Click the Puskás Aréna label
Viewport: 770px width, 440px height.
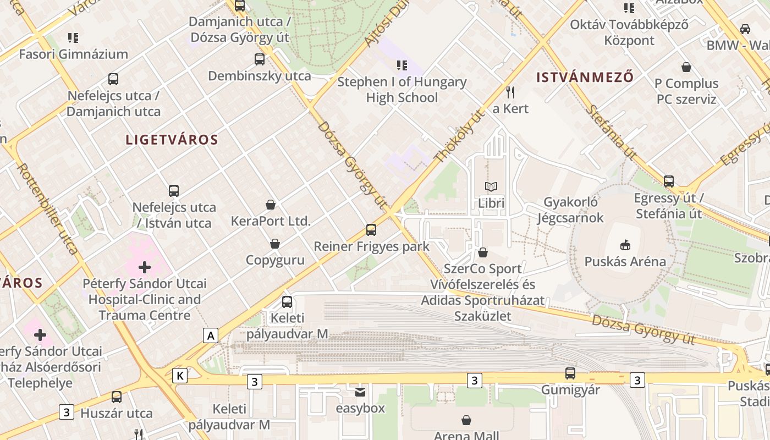coord(625,261)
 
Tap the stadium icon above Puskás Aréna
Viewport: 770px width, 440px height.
coord(625,244)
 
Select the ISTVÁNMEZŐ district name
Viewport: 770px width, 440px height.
coord(585,77)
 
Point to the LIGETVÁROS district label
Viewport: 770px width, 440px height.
coord(172,140)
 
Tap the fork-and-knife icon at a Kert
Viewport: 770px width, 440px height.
coord(510,92)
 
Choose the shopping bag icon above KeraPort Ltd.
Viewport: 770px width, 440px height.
coord(271,205)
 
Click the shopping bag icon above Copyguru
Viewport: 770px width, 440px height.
coord(274,244)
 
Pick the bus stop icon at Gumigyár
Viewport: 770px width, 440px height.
coord(570,373)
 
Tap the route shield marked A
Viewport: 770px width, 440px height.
coord(210,335)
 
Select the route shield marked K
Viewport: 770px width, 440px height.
coord(179,376)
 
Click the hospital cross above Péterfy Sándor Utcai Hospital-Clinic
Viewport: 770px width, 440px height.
coord(145,267)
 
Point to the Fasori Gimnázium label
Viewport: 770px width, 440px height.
coord(73,54)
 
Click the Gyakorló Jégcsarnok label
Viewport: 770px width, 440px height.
coord(570,210)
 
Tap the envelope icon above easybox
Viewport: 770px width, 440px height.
coord(360,392)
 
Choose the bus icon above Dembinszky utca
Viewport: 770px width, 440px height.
coord(259,59)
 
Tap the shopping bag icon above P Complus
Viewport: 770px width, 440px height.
coord(686,67)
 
